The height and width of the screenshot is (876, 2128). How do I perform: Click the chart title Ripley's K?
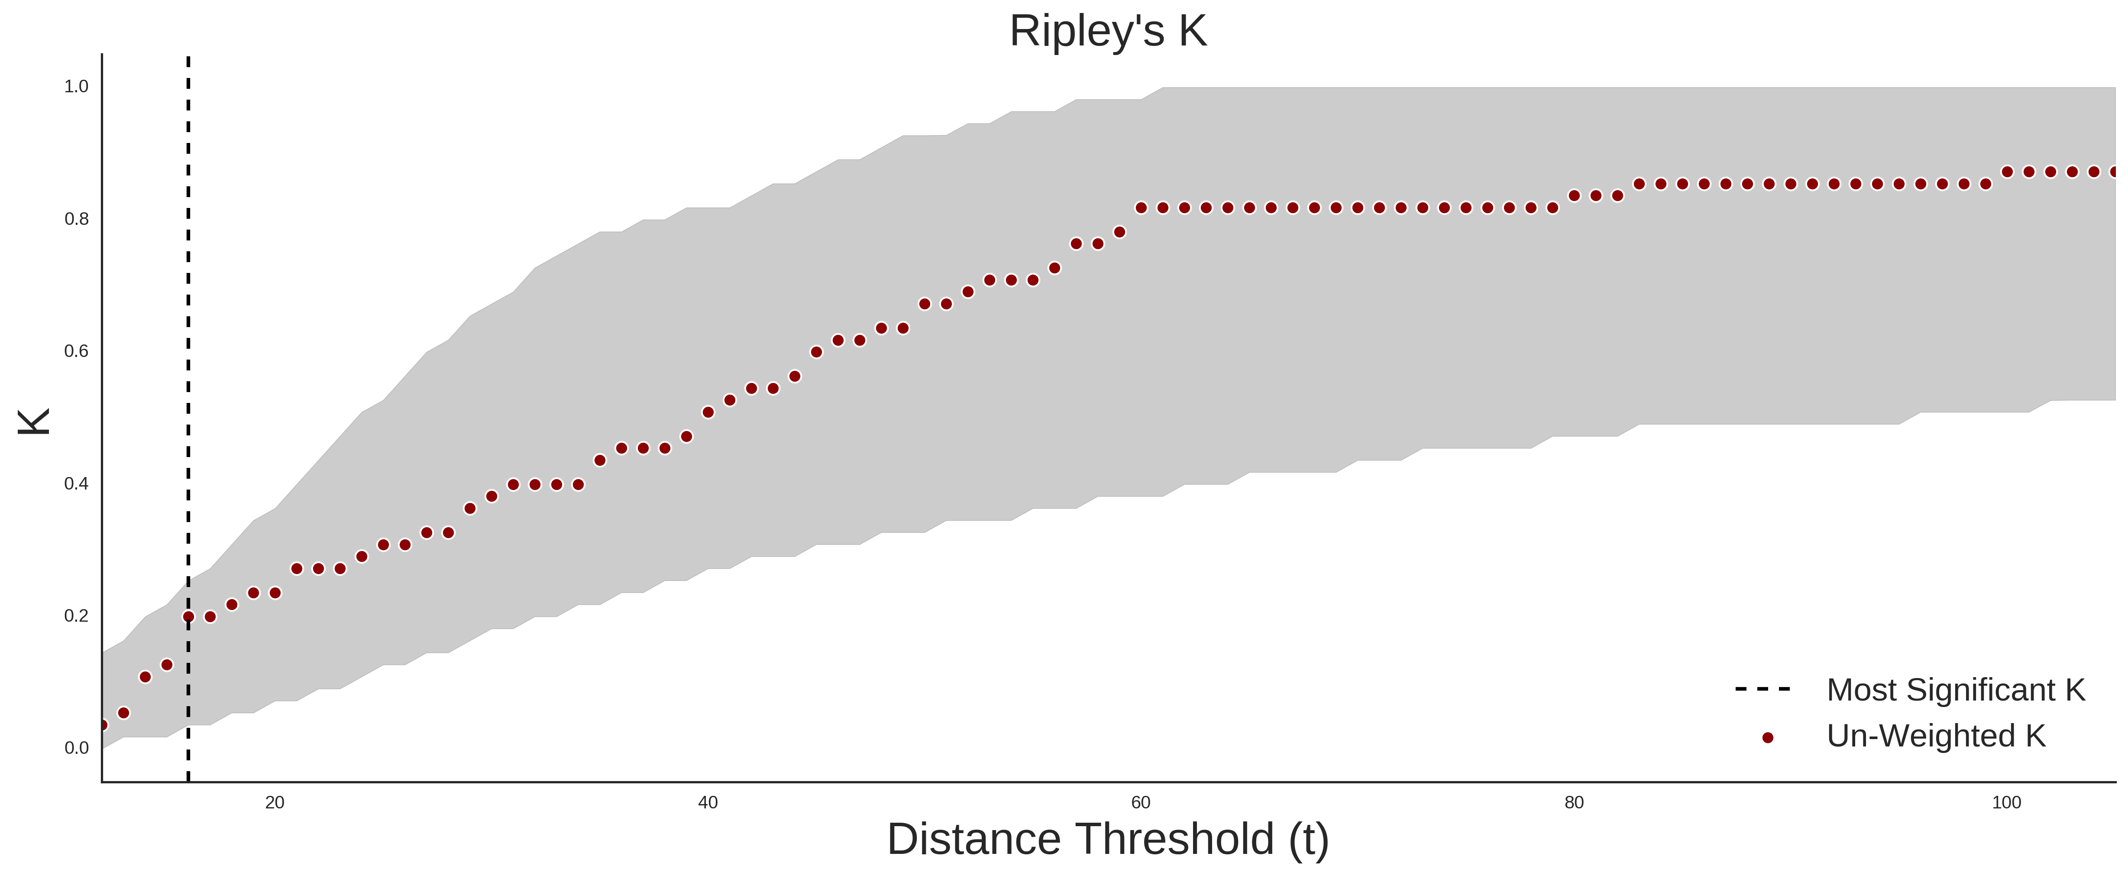tap(1108, 31)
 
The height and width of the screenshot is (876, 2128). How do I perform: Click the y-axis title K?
tap(34, 422)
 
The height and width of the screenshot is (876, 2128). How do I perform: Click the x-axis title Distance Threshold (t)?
tap(1108, 840)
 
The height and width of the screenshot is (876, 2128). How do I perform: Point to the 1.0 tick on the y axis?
tap(76, 87)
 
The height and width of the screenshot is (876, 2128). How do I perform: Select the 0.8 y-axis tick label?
tap(76, 219)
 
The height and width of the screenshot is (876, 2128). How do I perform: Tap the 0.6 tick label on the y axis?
tap(76, 351)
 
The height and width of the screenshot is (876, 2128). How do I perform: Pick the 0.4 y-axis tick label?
tap(76, 483)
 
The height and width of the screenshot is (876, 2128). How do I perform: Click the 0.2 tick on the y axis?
tap(76, 616)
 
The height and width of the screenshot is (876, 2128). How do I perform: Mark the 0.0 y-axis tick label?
tap(76, 748)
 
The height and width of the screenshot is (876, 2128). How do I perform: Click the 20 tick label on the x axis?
tap(275, 802)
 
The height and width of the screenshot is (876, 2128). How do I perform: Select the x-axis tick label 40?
tap(708, 802)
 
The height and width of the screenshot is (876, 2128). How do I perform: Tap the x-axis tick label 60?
tap(1141, 802)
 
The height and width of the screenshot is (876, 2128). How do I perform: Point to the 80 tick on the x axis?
tap(1574, 802)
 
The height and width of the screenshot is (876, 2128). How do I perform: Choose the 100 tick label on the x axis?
tap(2007, 802)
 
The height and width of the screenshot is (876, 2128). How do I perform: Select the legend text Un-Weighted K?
tap(1936, 736)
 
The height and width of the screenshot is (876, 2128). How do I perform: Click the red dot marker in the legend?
tap(1767, 738)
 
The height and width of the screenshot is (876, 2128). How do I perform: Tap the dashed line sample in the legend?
tap(1763, 688)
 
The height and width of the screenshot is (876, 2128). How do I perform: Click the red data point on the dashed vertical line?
tap(188, 616)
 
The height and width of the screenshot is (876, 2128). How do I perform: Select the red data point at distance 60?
tap(1141, 208)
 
